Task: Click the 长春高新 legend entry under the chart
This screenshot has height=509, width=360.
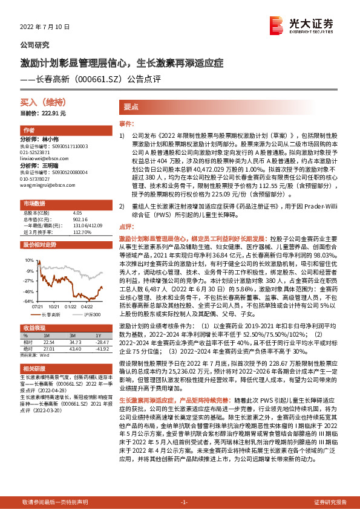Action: (x=48, y=315)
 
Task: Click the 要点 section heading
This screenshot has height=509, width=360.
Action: (x=131, y=105)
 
